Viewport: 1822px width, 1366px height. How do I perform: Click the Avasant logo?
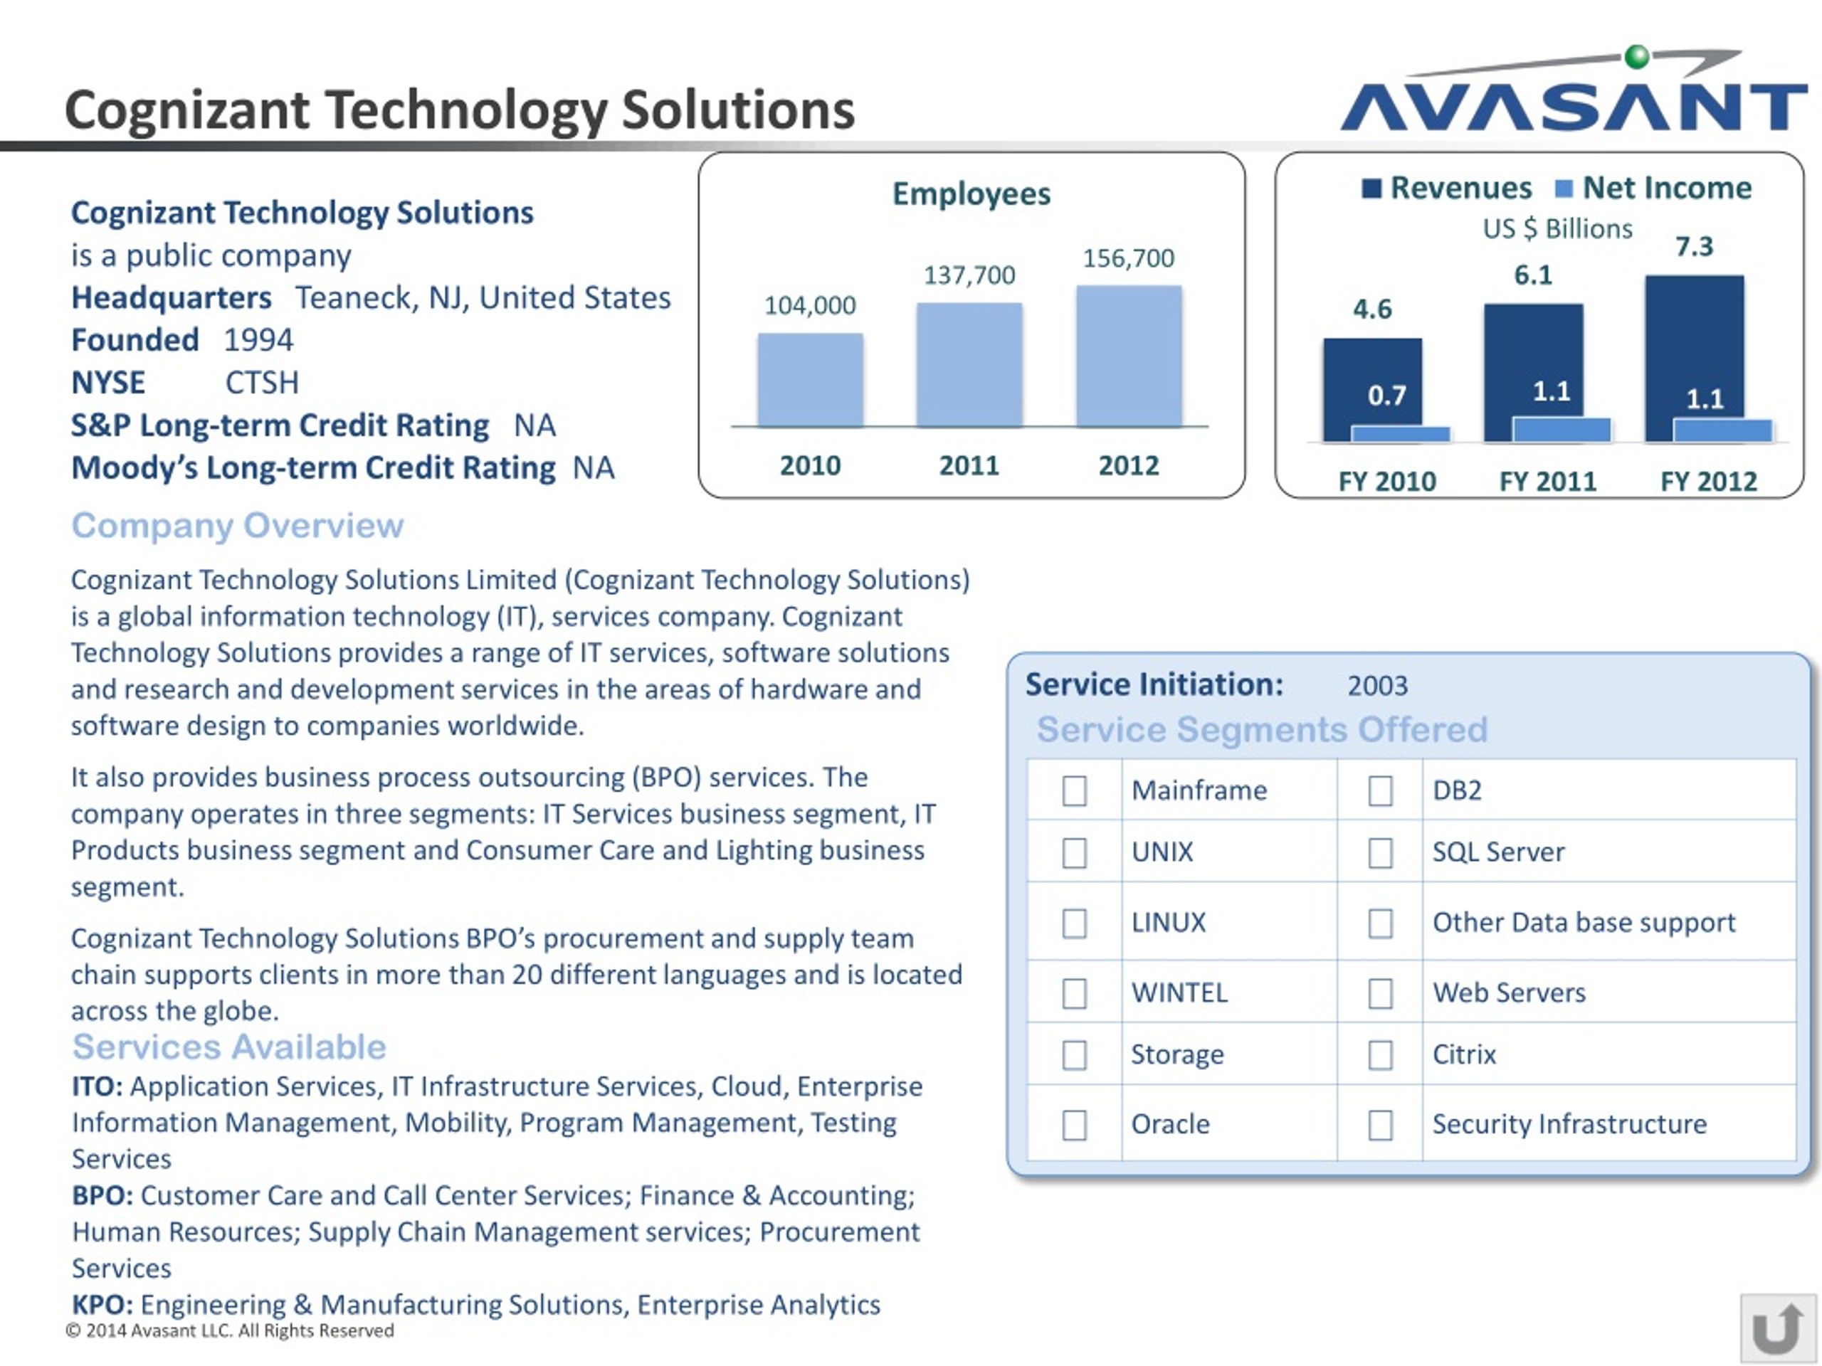[1573, 90]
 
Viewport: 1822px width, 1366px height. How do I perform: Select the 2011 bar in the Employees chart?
[969, 365]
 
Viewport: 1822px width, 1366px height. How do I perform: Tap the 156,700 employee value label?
[1129, 258]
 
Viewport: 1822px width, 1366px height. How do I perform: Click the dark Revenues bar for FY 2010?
[1372, 389]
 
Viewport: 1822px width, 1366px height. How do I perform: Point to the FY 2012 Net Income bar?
[1722, 430]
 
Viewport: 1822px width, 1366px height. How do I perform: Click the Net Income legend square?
[1564, 189]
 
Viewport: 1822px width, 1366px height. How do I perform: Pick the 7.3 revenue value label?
[1695, 246]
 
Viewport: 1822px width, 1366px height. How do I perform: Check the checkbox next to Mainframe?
[1074, 790]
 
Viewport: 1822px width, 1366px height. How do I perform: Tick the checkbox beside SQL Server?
[1381, 852]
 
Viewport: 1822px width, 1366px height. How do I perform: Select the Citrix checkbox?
[1381, 1055]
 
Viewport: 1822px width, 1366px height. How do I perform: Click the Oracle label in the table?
[1171, 1124]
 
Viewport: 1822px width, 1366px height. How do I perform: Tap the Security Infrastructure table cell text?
[1569, 1124]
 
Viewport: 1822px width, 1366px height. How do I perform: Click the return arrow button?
[1779, 1328]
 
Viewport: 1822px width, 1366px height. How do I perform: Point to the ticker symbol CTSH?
[262, 383]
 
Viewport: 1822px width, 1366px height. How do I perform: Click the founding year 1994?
[258, 340]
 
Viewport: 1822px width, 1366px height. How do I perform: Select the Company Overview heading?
[237, 525]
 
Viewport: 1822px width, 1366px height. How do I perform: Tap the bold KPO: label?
[102, 1304]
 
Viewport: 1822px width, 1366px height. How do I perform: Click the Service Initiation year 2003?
[1377, 685]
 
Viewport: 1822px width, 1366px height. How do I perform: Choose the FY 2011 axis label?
[1548, 481]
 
